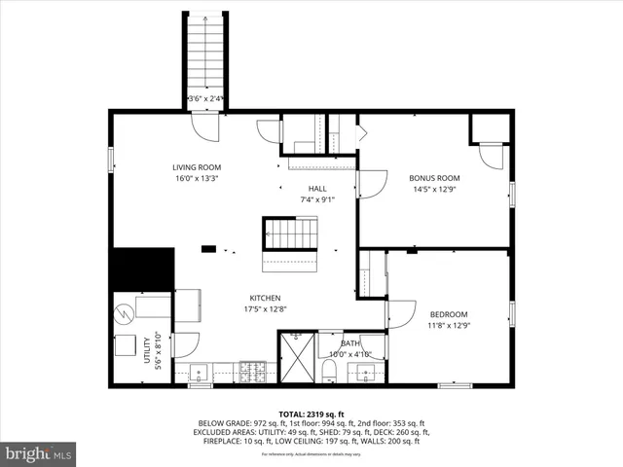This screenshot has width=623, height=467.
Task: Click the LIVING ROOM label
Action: coord(197,167)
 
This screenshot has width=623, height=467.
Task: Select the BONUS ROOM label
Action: coord(434,178)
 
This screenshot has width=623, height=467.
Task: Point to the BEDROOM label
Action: coord(449,314)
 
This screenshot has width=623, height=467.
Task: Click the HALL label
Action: coord(318,189)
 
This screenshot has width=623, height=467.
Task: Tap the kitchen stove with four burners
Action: coord(254,371)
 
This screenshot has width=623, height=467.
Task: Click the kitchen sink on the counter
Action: coord(199,371)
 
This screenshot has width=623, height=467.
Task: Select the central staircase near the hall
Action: coord(290,233)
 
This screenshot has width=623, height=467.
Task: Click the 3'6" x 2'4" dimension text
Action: coord(206,97)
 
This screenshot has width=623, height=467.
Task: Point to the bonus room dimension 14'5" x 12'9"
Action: coord(434,191)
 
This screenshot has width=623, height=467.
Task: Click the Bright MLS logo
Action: coord(39,452)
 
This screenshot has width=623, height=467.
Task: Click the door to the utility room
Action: coord(186,342)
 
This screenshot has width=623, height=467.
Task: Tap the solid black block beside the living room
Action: coord(141,268)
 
